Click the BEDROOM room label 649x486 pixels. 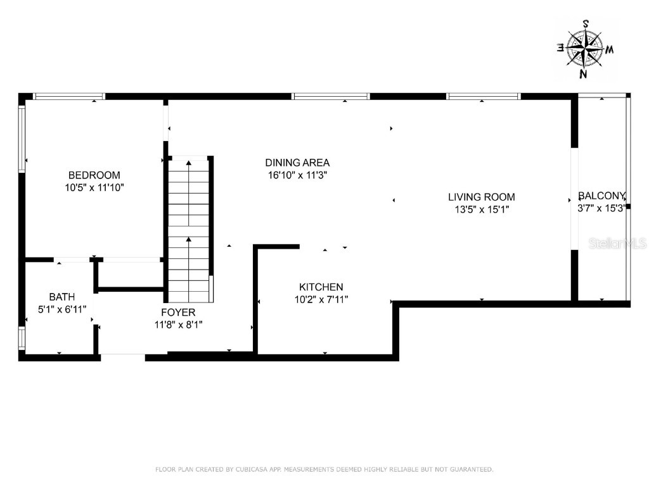[x=94, y=175]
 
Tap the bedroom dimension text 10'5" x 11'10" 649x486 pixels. [x=94, y=187]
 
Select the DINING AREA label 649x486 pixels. [x=297, y=163]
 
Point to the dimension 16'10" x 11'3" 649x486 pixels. [x=297, y=175]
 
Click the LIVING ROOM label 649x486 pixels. [x=481, y=197]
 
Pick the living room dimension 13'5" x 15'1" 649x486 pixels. [x=481, y=209]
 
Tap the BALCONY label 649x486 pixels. [x=601, y=196]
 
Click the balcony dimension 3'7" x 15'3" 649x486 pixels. [x=601, y=208]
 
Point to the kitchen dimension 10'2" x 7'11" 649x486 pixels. [x=321, y=299]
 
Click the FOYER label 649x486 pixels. [x=178, y=313]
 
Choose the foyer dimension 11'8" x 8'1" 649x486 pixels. [x=178, y=325]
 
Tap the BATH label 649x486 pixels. [x=62, y=296]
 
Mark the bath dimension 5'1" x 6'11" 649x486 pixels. [x=62, y=309]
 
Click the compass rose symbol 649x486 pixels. [x=584, y=49]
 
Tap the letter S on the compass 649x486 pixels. [x=586, y=23]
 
